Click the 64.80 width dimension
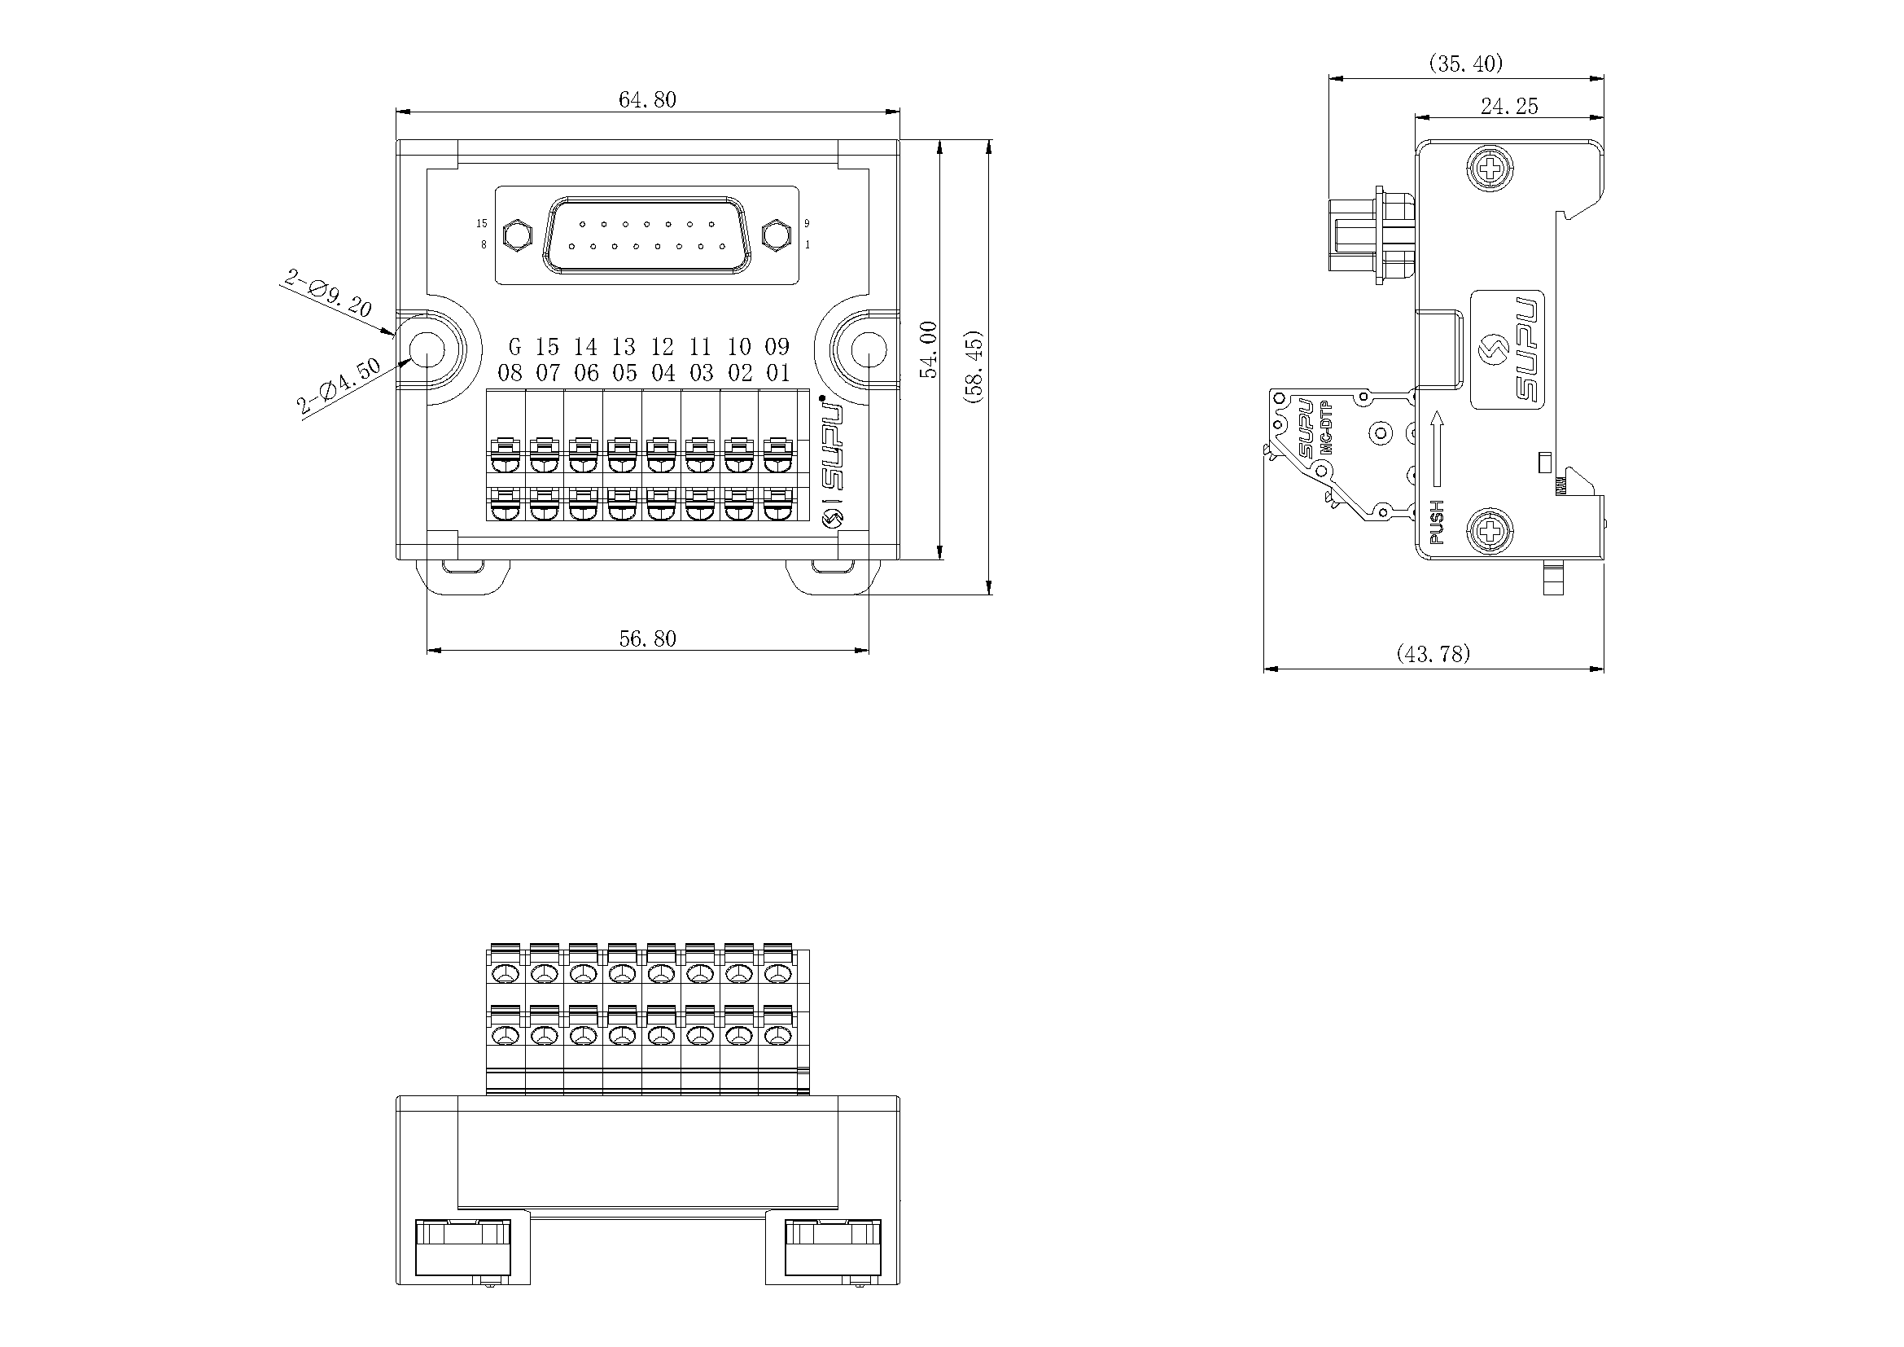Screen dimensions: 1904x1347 (648, 99)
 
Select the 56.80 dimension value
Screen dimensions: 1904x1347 (648, 638)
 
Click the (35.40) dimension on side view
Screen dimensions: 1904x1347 (1466, 63)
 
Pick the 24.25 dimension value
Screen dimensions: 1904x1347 (1509, 106)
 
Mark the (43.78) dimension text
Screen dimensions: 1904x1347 (1433, 654)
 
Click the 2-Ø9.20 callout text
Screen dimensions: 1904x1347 (327, 294)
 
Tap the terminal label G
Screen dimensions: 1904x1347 (515, 346)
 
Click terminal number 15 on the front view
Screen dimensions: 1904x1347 (547, 346)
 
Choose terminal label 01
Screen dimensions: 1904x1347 (778, 373)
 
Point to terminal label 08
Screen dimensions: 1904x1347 (510, 373)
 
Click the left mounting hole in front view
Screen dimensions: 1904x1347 (428, 351)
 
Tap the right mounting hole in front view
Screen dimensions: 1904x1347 (869, 351)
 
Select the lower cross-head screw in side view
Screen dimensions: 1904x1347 (1491, 529)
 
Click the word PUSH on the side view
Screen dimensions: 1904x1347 (1437, 522)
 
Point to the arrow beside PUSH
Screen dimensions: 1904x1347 (1437, 449)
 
